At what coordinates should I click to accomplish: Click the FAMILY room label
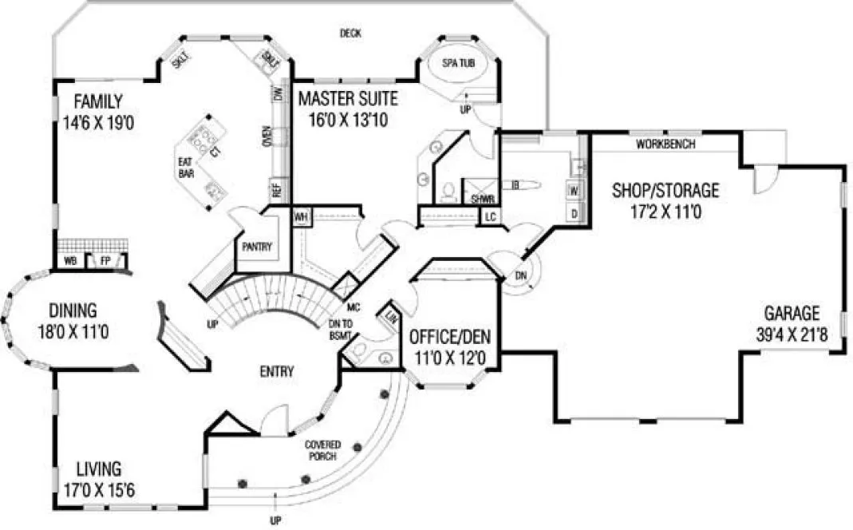98,101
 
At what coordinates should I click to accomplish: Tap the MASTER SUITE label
347,99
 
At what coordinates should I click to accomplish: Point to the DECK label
350,34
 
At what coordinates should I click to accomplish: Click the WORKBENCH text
665,144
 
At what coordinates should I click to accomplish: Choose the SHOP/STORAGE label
665,190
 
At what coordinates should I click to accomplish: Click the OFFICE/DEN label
449,335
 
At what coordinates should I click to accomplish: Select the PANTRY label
255,247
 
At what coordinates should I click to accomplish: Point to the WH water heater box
301,218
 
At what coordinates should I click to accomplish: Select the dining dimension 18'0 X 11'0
72,330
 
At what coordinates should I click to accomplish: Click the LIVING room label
98,468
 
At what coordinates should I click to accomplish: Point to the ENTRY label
277,371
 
